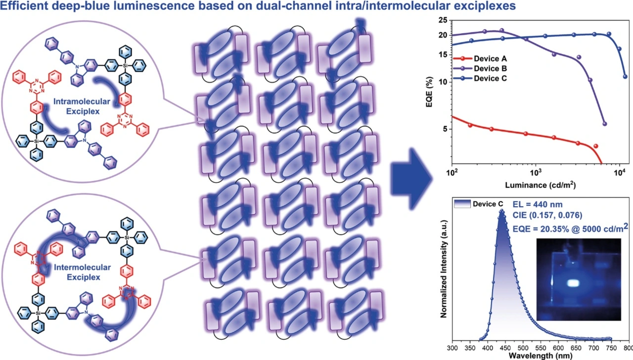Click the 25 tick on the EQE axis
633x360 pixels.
(x=444, y=20)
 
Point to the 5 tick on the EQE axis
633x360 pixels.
(x=445, y=129)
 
